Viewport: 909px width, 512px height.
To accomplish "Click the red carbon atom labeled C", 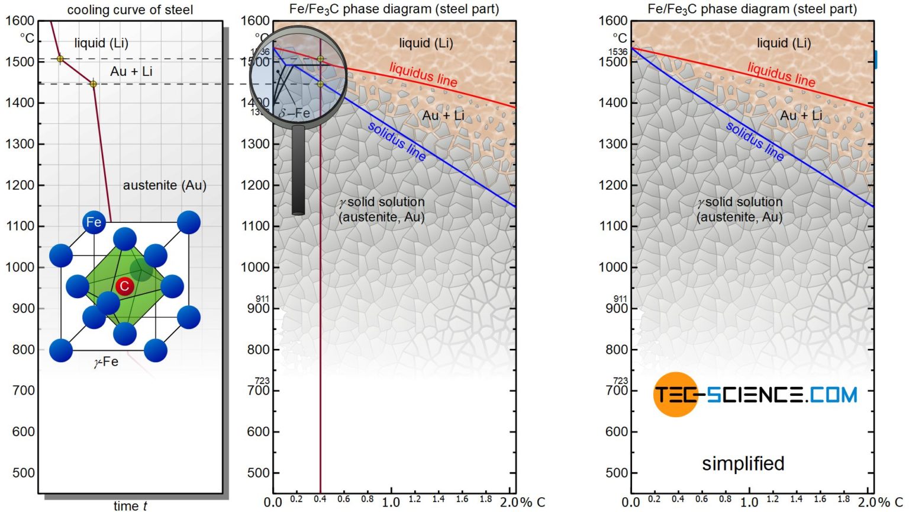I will click(x=124, y=286).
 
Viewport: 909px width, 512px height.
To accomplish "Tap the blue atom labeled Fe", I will click(x=94, y=222).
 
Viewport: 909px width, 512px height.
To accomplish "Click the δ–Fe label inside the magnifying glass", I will click(x=294, y=113).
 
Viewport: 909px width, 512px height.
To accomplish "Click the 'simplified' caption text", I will click(x=743, y=463).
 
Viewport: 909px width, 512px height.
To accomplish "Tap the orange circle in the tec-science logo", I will click(x=675, y=395).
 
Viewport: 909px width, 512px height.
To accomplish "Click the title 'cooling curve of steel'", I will click(x=130, y=10).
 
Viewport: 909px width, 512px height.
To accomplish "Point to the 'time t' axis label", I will click(x=130, y=505).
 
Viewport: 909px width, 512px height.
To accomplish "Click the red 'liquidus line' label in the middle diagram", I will click(x=423, y=75).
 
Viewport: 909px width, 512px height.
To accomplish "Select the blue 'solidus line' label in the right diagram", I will click(x=755, y=141).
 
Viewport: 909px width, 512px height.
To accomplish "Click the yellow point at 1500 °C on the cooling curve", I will click(x=60, y=59).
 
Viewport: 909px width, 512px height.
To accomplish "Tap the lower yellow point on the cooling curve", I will click(x=93, y=84).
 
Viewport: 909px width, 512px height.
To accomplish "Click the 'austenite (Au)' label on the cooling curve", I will click(x=165, y=185).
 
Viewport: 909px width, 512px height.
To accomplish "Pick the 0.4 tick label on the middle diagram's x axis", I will click(x=320, y=500).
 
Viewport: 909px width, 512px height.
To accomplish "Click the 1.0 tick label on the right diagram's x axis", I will click(x=749, y=502).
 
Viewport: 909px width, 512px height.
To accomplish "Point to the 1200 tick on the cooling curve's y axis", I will click(x=20, y=185).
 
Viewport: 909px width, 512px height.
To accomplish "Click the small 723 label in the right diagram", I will click(x=620, y=380).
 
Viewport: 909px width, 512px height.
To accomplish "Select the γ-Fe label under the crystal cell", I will click(x=106, y=361).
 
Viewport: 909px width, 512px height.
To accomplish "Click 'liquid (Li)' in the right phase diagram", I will click(x=784, y=43).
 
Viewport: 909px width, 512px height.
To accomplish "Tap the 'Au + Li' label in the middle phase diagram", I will click(x=443, y=116).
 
